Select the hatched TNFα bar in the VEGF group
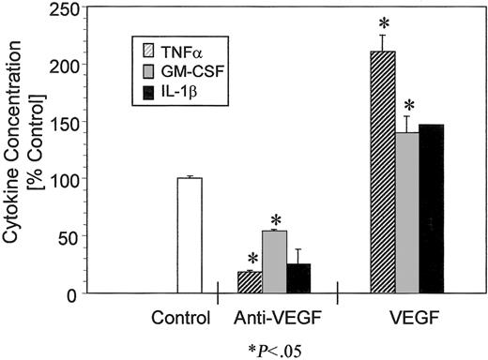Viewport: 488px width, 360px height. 383,172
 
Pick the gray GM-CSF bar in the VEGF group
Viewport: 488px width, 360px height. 407,213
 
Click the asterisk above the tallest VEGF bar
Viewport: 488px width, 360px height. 382,21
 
